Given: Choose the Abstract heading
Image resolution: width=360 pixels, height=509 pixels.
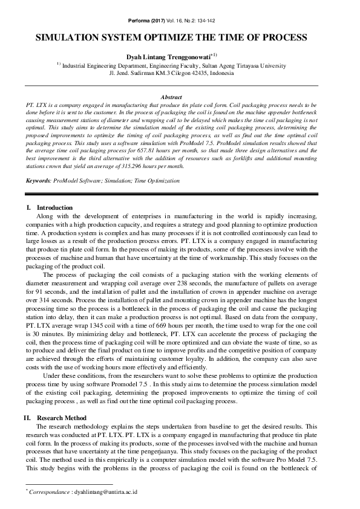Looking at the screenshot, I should click(x=172, y=97).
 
